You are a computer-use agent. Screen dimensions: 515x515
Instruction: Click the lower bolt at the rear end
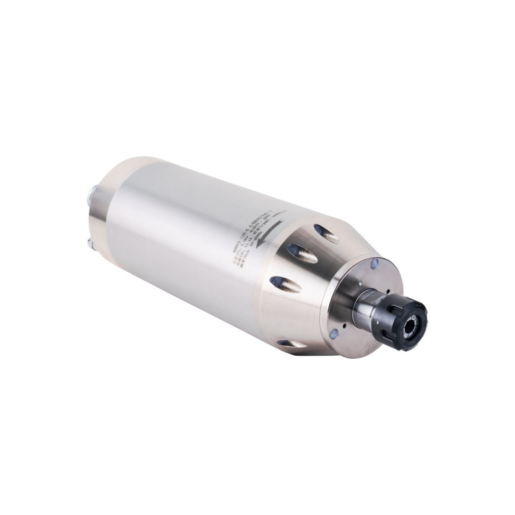point(90,243)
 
